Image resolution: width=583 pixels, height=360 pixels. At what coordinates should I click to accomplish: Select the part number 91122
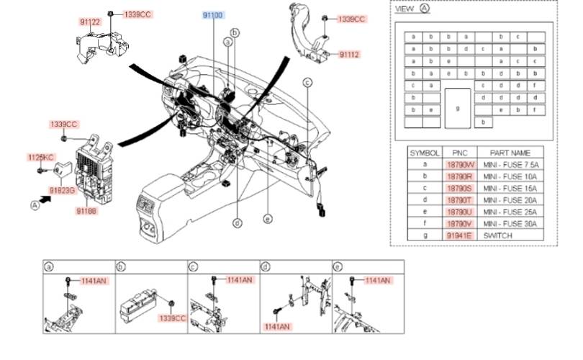(x=90, y=22)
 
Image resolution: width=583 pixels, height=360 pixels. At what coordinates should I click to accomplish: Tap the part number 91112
(x=349, y=54)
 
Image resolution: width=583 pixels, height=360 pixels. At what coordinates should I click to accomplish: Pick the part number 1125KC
(x=41, y=157)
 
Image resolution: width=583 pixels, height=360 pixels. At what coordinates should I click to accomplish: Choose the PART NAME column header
(x=510, y=153)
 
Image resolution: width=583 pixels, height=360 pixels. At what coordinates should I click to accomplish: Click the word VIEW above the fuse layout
(x=405, y=9)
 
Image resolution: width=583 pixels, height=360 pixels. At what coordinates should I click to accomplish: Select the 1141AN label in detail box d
(x=276, y=326)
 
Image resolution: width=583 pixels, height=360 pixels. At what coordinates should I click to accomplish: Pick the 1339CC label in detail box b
(x=172, y=318)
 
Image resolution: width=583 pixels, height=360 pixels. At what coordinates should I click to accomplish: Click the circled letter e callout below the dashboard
(x=267, y=219)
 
